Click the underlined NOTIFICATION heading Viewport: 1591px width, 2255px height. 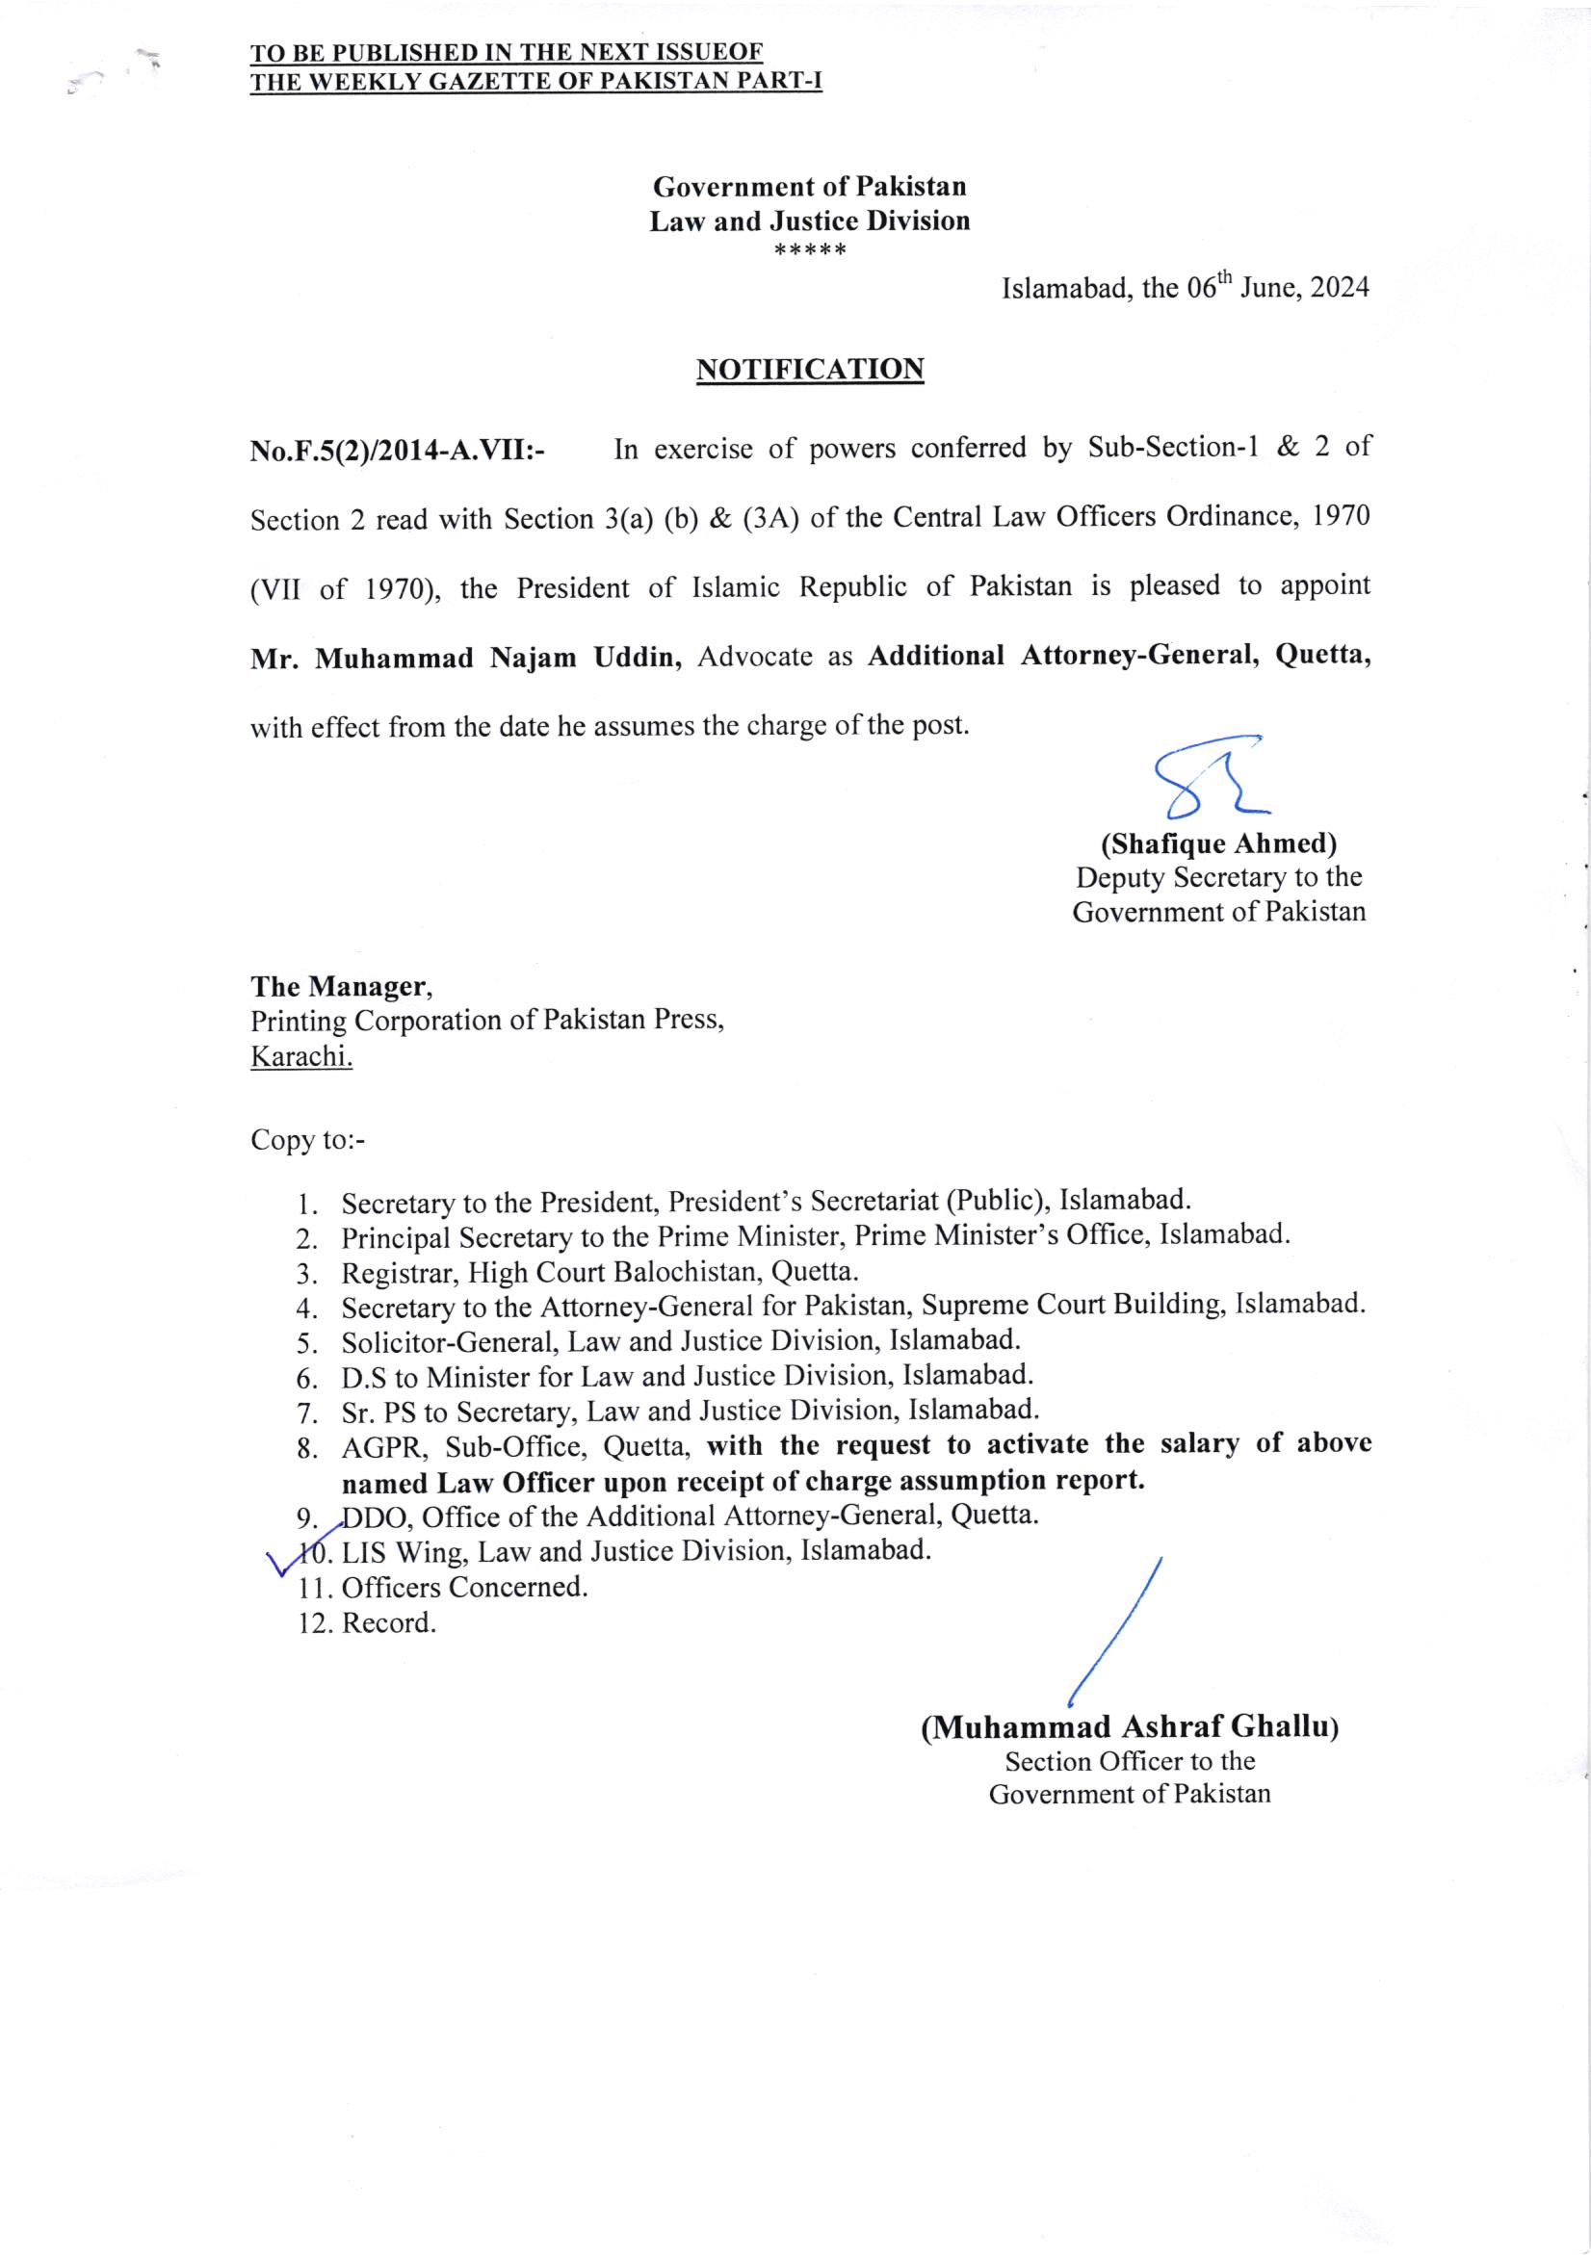click(x=809, y=370)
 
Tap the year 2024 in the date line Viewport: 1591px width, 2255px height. click(x=1340, y=289)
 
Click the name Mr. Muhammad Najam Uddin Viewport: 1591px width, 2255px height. click(x=465, y=657)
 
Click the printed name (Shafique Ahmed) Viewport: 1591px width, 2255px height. click(x=1217, y=842)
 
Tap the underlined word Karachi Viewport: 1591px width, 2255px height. click(x=300, y=1057)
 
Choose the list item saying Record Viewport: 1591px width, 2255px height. click(x=388, y=1622)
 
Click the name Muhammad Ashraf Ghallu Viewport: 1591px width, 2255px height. click(x=1130, y=1727)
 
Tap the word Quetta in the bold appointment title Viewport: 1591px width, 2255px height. click(x=1322, y=655)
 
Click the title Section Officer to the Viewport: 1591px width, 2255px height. click(x=1130, y=1761)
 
